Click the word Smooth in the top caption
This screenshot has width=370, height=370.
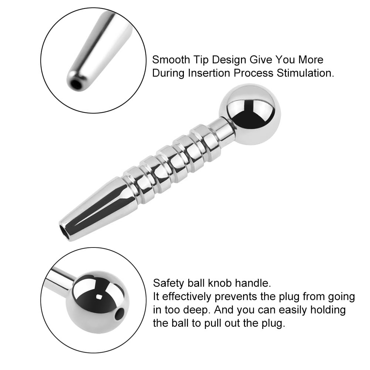point(171,60)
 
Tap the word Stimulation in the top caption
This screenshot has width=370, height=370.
point(305,73)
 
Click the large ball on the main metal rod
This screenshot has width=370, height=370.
point(250,114)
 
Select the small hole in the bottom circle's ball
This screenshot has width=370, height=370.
point(120,314)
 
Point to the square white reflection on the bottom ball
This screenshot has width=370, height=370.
point(99,297)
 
